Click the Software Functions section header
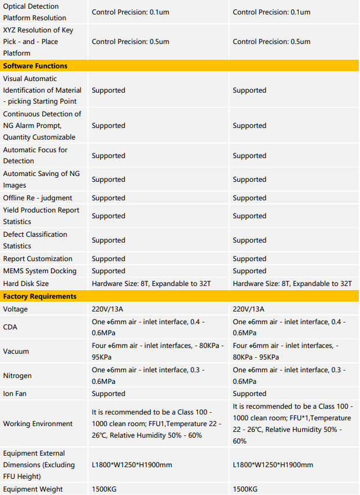pos(35,66)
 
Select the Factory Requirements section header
pos(39,296)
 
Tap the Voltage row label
pos(15,309)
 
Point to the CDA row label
pos(10,327)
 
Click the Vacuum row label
pos(16,351)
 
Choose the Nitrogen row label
pos(17,376)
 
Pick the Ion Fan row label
pos(15,394)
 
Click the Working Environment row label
pos(38,424)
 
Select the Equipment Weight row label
pos(33,489)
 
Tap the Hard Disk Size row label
pos(26,284)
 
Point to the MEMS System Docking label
pos(39,271)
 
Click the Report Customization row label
pos(38,259)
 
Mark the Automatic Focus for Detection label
pos(35,155)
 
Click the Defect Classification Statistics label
pos(35,240)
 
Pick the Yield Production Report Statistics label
pos(41,215)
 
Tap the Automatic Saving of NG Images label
pos(41,179)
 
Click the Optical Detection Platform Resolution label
pos(35,12)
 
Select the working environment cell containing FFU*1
pos(293,424)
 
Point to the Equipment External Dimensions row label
pos(39,464)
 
